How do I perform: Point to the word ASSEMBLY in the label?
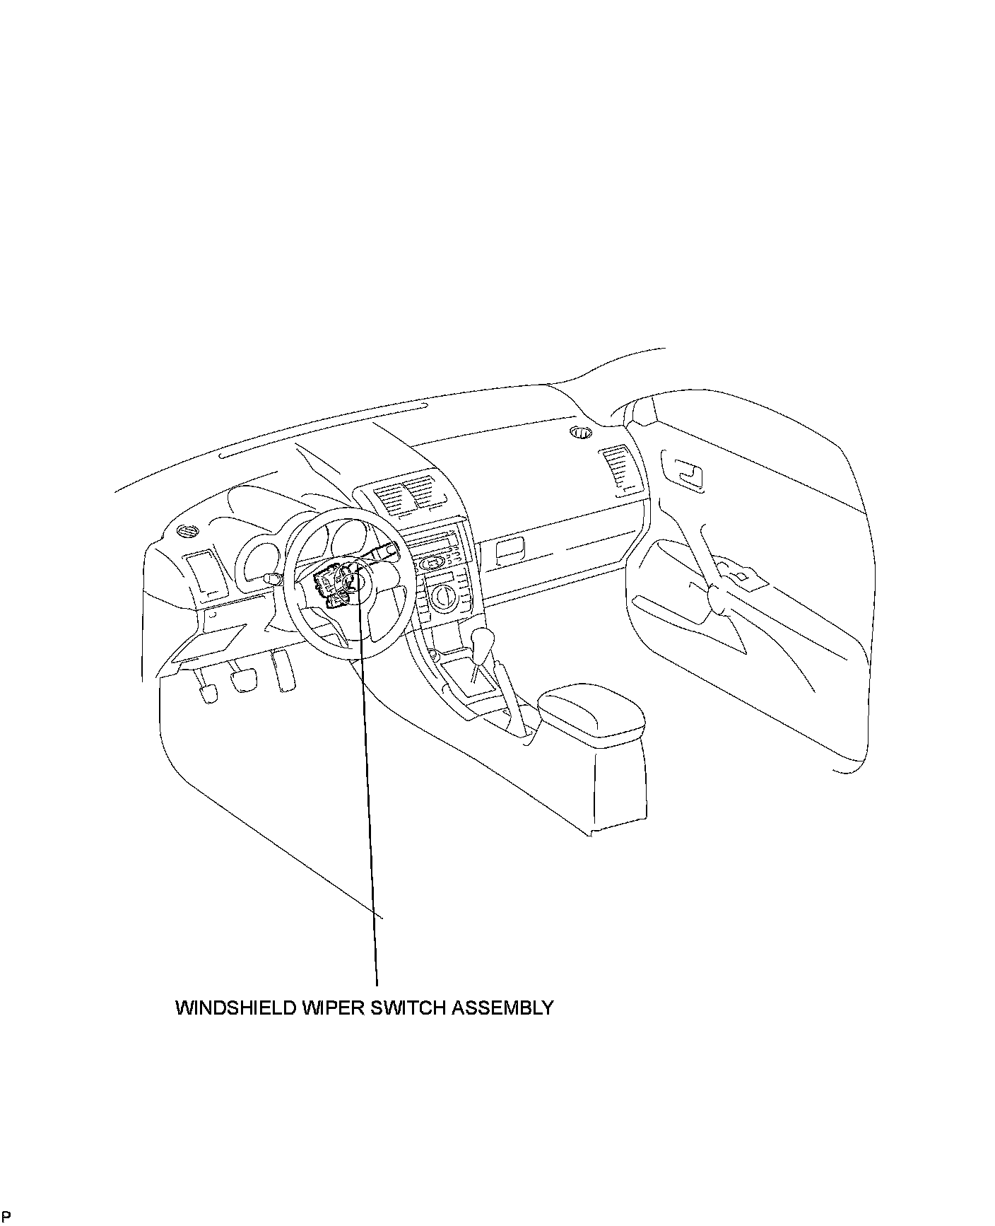502,1008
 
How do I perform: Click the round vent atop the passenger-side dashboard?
582,433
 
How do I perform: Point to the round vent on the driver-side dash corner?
187,532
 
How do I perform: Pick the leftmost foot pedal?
208,693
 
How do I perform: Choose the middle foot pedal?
244,680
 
